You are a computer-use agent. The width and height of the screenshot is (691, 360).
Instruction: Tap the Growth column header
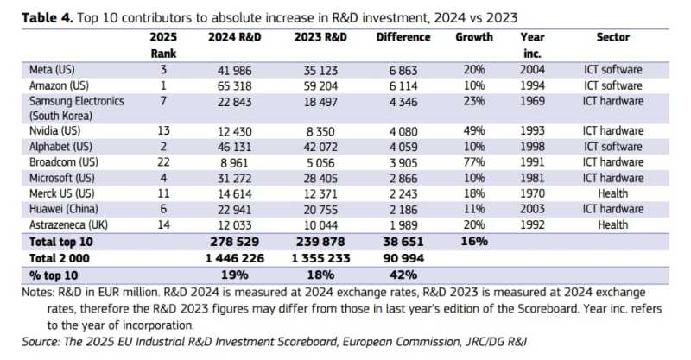474,37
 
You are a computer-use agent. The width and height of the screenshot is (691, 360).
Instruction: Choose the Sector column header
612,37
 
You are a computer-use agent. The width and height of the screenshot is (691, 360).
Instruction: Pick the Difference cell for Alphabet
403,145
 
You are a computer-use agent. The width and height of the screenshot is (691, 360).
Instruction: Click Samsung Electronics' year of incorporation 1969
533,101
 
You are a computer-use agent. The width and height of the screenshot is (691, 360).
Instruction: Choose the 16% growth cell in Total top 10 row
474,242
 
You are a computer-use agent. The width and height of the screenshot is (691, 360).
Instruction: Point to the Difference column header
403,37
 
